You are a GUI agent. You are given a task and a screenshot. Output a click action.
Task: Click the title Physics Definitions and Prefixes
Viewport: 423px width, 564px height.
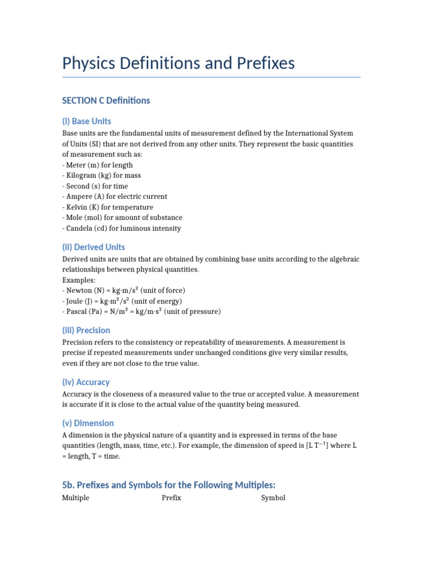point(178,63)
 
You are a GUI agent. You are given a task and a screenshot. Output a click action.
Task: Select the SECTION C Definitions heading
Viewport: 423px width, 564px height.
point(106,100)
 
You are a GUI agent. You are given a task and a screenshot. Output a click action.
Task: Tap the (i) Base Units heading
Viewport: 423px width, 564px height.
point(86,121)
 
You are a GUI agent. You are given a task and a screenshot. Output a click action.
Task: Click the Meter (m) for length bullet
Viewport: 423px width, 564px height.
point(97,165)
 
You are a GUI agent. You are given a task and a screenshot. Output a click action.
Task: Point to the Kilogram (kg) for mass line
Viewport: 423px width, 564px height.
point(101,175)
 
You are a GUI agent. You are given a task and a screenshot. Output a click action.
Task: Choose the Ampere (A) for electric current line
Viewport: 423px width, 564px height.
point(115,196)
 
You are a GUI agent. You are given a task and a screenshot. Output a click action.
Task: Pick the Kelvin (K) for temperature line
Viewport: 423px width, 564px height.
point(107,207)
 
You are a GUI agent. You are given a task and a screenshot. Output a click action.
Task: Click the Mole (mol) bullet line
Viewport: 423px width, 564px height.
point(122,218)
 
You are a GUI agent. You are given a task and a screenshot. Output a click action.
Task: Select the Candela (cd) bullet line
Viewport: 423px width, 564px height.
point(121,228)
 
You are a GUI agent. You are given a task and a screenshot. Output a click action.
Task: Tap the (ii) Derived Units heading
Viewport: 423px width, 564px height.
point(93,247)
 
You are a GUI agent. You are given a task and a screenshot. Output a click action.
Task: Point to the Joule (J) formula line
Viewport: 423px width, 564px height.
point(122,301)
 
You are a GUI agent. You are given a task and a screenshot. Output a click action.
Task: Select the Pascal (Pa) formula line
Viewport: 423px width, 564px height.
point(141,311)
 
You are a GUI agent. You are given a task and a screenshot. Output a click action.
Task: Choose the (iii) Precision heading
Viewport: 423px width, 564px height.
point(86,330)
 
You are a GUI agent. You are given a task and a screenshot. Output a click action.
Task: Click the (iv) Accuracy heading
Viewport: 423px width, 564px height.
point(85,382)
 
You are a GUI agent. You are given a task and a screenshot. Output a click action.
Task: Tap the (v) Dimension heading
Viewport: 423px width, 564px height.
point(88,423)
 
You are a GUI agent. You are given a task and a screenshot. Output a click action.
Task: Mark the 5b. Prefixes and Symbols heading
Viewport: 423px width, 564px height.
point(169,485)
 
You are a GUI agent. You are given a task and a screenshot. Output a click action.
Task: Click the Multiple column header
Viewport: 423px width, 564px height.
point(75,498)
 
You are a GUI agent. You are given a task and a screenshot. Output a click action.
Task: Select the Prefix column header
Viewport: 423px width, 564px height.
point(171,498)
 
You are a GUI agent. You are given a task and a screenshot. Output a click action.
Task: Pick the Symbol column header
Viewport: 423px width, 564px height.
point(273,498)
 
